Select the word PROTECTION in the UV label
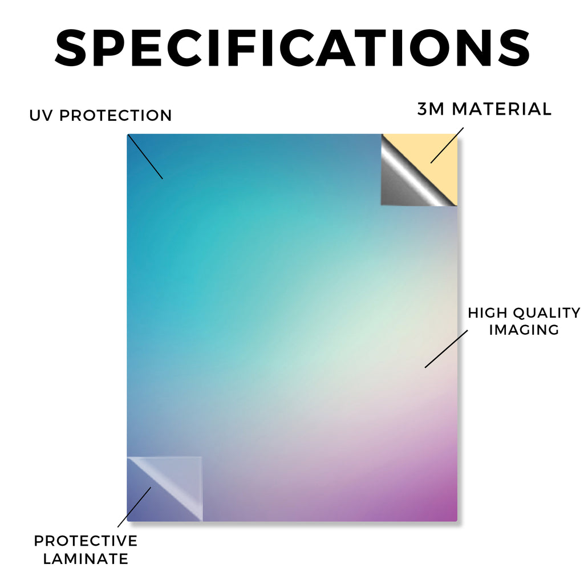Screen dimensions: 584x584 coord(115,115)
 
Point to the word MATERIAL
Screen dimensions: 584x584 coord(501,109)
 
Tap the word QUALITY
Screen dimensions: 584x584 coord(546,313)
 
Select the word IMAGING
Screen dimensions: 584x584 coord(524,330)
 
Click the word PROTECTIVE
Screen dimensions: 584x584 coord(86,541)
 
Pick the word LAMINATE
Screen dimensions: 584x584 coord(86,559)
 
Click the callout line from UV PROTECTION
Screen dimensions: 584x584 coord(145,157)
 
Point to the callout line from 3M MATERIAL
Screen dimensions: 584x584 coord(447,145)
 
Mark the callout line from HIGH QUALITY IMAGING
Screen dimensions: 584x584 coord(446,349)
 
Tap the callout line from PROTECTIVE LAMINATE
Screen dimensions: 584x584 coord(134,507)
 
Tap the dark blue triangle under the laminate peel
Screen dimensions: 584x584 coord(149,503)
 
